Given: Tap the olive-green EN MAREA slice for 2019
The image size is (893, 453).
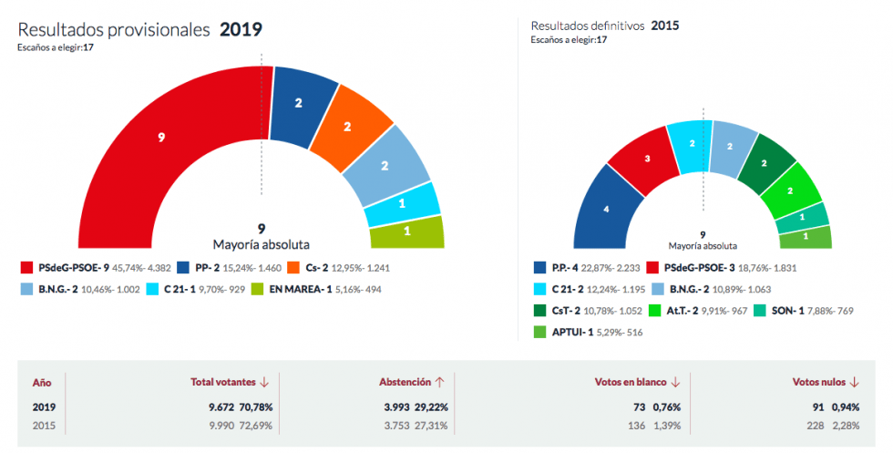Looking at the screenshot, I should (406, 232).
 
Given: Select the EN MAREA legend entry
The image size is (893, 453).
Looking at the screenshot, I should (295, 290).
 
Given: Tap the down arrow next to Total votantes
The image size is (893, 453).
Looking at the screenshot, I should (264, 383).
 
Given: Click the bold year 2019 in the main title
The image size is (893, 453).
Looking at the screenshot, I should (241, 29).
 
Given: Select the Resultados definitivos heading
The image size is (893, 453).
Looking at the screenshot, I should (588, 26).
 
